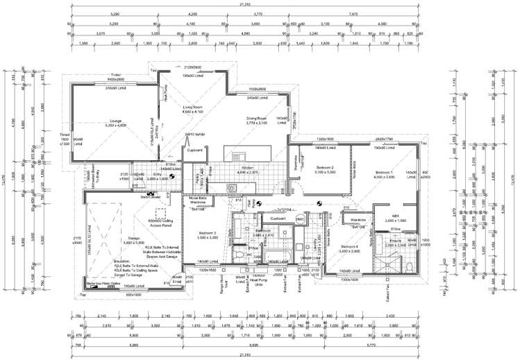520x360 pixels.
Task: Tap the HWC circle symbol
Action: [301, 219]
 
